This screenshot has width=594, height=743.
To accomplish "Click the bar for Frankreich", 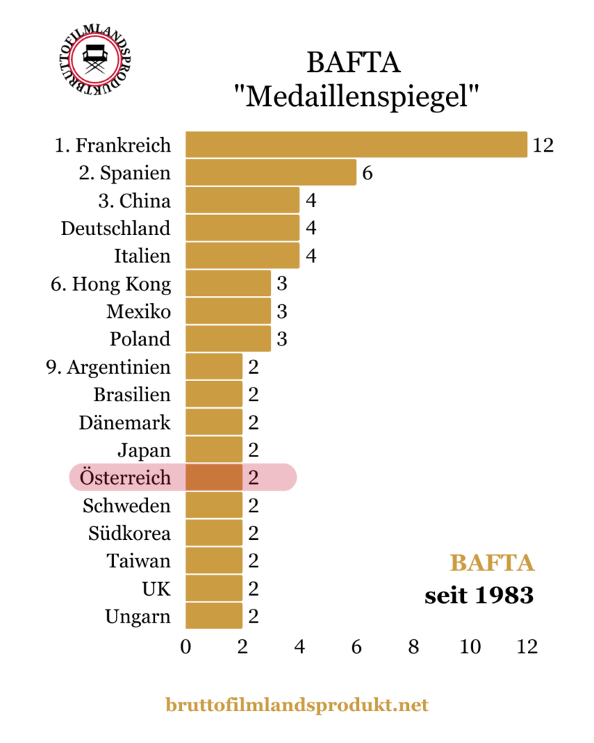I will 356,144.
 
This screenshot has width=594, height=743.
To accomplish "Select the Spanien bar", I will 271,173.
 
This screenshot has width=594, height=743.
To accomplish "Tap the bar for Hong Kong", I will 228,284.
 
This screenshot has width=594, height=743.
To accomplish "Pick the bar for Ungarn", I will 214,617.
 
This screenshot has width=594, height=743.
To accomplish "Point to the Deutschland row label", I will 116,228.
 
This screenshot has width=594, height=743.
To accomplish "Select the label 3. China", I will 135,200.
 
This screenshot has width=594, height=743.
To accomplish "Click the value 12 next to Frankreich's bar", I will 543,144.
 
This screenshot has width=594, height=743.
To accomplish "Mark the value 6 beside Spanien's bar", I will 368,173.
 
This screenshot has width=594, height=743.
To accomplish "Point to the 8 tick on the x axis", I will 413,646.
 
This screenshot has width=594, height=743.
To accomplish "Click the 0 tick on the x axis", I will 186,646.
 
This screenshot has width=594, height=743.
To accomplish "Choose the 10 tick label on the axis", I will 470,646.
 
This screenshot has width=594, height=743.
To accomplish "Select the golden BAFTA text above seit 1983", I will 492,563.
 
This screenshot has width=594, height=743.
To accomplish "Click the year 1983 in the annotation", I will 505,596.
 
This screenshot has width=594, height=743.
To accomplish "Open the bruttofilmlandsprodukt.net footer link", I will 297,704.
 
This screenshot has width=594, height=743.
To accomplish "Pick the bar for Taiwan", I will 214,561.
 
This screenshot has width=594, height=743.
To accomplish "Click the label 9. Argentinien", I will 108,367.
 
